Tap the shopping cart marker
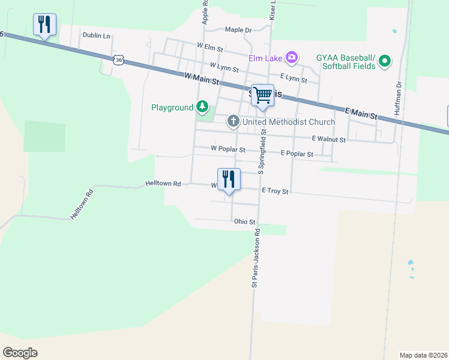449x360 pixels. (x=262, y=95)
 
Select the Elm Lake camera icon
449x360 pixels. (x=292, y=58)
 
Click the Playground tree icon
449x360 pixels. (x=202, y=107)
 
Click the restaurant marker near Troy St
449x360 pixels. (x=229, y=179)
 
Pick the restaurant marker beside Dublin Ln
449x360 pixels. (x=44, y=25)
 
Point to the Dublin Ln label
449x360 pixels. (x=97, y=35)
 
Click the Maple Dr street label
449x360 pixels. (x=238, y=29)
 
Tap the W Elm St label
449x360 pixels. (x=210, y=46)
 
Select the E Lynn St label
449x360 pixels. (x=294, y=79)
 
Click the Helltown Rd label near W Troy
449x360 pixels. (x=163, y=184)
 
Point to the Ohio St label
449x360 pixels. (x=244, y=221)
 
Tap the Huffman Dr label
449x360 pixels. (x=398, y=96)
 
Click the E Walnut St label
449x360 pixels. (x=329, y=139)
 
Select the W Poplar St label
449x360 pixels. (x=228, y=149)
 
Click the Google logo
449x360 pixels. (x=20, y=352)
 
